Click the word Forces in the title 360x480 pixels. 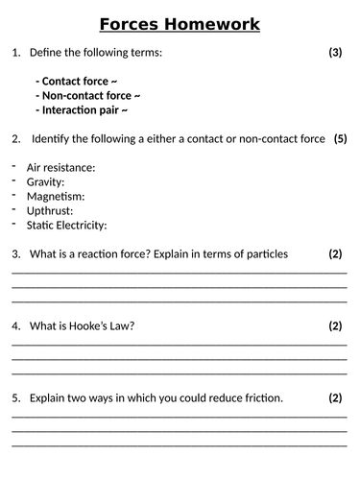coord(134,24)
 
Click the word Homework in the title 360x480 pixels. coord(215,24)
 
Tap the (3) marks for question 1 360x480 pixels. coord(335,53)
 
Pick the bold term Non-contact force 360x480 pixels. coord(88,96)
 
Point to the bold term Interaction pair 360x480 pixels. coord(82,110)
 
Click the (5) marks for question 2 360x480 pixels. coord(340,139)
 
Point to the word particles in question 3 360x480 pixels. coord(265,254)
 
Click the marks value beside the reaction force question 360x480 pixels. coord(335,254)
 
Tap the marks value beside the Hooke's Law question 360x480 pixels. coord(335,326)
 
